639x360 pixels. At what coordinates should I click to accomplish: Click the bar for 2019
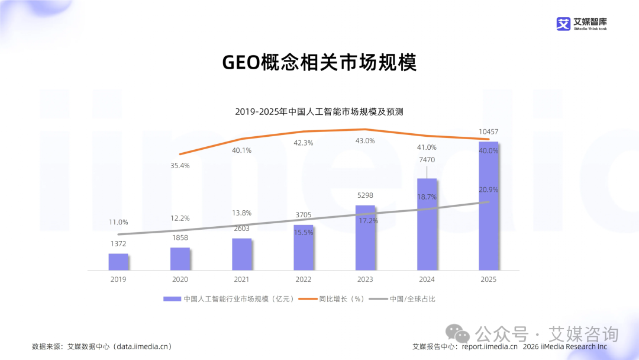[x=118, y=262]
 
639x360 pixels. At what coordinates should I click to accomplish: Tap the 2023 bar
[x=365, y=237]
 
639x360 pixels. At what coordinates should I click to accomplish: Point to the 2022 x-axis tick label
[x=303, y=279]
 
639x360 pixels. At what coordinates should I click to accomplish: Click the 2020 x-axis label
[x=180, y=279]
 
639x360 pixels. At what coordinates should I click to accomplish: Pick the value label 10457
[x=489, y=131]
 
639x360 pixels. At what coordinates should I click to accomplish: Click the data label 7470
[x=427, y=160]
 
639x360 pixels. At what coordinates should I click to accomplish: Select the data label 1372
[x=118, y=243]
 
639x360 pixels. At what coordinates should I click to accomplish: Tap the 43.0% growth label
[x=365, y=141]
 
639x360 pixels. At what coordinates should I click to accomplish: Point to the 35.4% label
[x=180, y=166]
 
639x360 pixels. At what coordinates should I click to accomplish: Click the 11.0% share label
[x=118, y=222]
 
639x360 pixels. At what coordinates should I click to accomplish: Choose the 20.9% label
[x=489, y=189]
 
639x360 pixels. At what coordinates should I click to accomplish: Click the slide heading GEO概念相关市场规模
[x=319, y=62]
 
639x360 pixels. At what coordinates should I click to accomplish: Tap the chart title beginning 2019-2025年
[x=319, y=111]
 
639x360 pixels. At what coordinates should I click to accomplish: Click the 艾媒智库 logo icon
[x=563, y=24]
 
